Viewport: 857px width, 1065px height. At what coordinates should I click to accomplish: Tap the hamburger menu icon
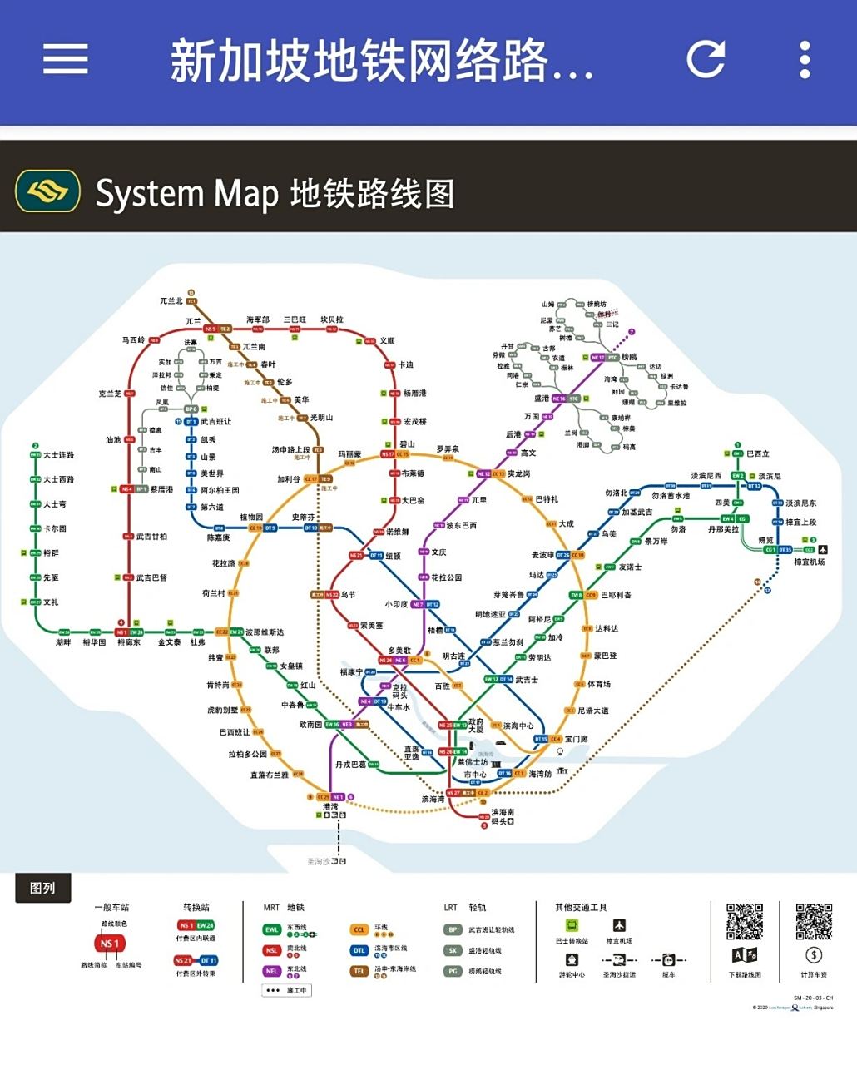(x=66, y=59)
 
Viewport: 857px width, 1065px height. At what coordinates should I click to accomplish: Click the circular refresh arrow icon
(x=706, y=59)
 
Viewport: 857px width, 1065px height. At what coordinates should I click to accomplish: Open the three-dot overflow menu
(x=805, y=59)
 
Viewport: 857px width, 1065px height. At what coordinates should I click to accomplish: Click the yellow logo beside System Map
(x=48, y=192)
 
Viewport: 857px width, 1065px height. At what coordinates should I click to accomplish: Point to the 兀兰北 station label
(x=171, y=301)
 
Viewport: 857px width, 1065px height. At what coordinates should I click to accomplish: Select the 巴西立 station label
(x=758, y=454)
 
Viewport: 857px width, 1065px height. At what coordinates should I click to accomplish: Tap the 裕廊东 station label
(x=129, y=642)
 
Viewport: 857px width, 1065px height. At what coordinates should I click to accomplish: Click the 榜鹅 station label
(x=629, y=357)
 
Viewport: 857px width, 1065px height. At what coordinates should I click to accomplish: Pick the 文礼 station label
(x=51, y=602)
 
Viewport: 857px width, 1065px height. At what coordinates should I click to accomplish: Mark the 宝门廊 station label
(x=576, y=739)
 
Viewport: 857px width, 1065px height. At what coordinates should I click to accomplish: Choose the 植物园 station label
(x=251, y=518)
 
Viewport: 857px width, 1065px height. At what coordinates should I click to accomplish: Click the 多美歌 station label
(x=399, y=651)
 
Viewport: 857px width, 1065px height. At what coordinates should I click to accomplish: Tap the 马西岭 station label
(x=134, y=340)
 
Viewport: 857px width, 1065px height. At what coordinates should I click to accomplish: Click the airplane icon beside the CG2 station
(x=823, y=550)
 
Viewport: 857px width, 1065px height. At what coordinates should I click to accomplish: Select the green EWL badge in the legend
(x=272, y=929)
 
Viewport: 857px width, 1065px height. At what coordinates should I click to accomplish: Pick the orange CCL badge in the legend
(x=359, y=929)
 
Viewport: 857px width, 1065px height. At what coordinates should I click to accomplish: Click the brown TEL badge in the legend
(x=359, y=971)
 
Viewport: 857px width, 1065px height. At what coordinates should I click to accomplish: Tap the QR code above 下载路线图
(x=745, y=921)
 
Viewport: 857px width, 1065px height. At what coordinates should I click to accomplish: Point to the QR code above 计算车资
(x=814, y=921)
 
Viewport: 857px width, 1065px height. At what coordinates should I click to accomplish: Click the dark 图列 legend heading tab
(x=42, y=888)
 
